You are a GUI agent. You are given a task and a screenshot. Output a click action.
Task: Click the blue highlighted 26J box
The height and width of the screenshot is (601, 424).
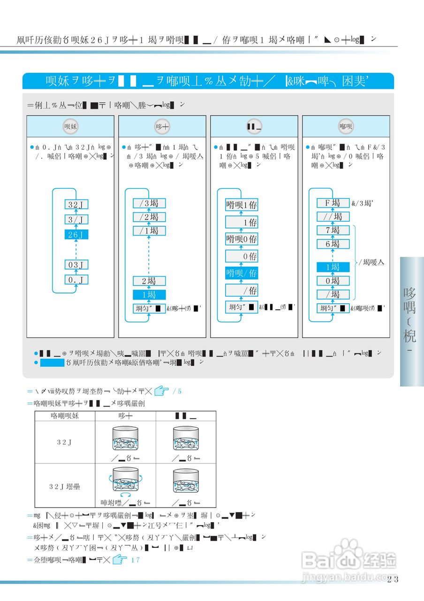point(76,234)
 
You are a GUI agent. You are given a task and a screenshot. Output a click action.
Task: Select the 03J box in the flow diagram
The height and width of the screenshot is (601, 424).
point(76,265)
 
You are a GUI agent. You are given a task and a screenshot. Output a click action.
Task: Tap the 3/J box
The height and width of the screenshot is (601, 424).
point(76,219)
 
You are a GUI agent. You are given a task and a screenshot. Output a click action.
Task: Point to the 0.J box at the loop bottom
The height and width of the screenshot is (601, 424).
point(76,280)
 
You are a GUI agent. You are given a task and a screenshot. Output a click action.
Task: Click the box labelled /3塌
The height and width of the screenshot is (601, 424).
point(149,203)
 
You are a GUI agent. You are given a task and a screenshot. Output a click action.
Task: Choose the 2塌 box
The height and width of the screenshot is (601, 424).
point(149,281)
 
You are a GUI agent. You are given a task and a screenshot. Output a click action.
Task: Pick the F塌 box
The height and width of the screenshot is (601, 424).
point(333,203)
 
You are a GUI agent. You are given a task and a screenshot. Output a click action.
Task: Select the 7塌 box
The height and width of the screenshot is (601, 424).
point(333,230)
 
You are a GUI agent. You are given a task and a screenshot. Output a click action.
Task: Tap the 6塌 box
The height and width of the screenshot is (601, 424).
point(333,244)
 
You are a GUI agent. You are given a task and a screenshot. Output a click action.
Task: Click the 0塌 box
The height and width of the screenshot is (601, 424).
point(333,281)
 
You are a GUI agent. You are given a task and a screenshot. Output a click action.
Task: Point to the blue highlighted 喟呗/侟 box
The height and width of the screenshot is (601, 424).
point(241,273)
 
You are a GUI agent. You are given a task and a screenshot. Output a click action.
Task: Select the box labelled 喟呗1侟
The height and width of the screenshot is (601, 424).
point(241,205)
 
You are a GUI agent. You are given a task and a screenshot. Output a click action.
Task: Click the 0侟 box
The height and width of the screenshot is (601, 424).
point(241,256)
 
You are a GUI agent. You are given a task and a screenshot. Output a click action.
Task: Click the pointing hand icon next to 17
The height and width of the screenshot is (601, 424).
point(120,559)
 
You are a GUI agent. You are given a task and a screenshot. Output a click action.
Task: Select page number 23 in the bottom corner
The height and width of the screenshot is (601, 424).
point(393,579)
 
